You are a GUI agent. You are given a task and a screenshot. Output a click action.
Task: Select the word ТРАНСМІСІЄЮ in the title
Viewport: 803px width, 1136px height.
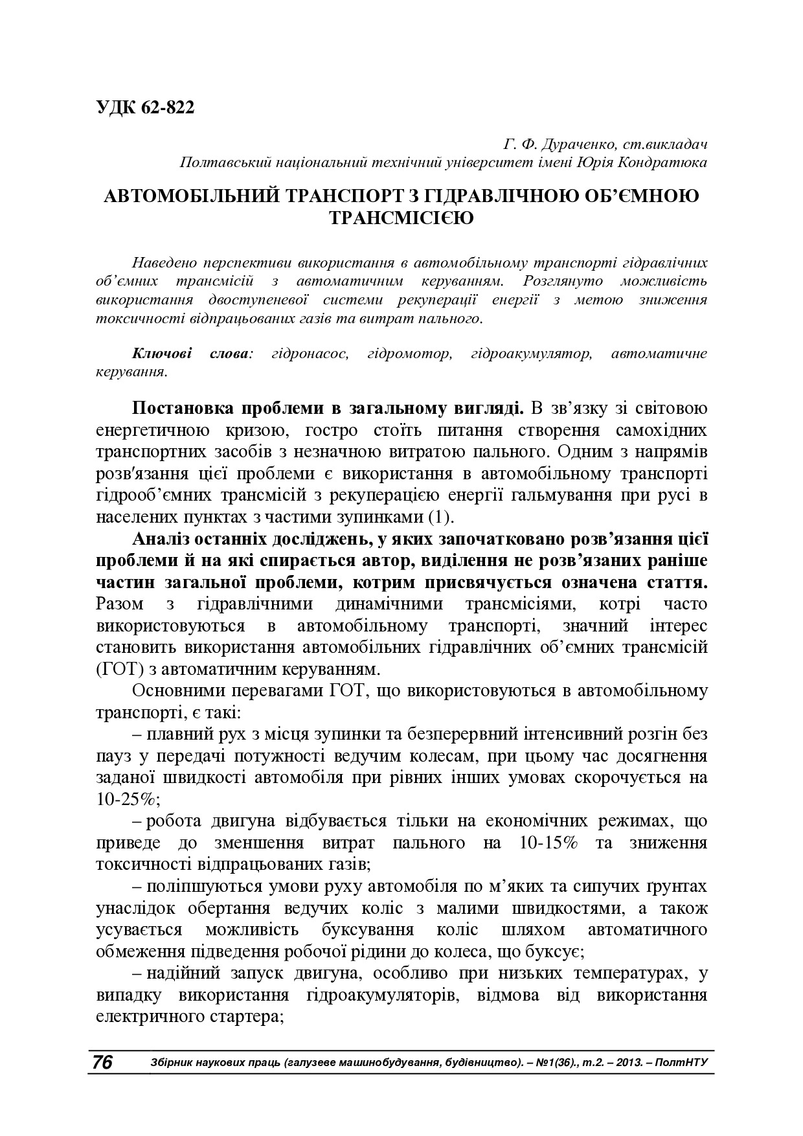click(401, 218)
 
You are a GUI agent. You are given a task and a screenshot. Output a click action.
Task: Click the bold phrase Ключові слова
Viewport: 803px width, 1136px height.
click(191, 354)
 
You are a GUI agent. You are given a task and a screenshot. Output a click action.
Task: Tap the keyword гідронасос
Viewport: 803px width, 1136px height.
click(311, 354)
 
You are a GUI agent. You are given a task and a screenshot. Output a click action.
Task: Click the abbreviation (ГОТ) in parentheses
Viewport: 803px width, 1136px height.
click(119, 668)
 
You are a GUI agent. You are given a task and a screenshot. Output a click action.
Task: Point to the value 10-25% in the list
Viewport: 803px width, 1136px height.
click(127, 799)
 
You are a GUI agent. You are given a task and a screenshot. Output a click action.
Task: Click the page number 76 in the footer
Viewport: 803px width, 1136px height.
click(102, 1062)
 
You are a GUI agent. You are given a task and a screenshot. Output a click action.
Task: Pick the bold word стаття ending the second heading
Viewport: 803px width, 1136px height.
click(676, 582)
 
